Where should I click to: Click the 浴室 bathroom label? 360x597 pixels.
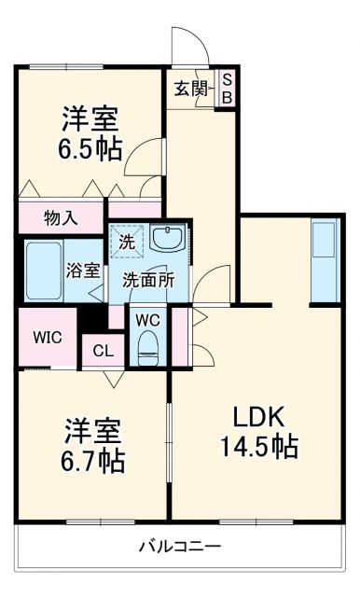(x=83, y=271)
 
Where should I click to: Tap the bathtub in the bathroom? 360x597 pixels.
(x=41, y=271)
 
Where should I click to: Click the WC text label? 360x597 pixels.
(x=147, y=318)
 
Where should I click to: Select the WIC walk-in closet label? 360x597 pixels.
(x=47, y=337)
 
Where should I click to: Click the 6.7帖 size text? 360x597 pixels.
(x=93, y=460)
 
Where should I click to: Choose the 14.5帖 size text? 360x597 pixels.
(x=257, y=448)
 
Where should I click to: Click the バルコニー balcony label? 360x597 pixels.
(x=179, y=546)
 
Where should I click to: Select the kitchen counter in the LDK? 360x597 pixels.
(x=324, y=260)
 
